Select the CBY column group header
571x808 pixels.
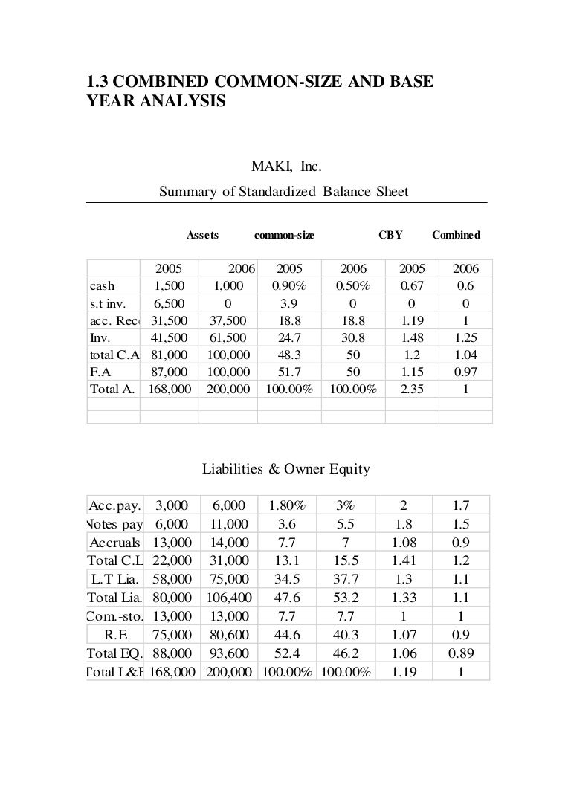click(390, 235)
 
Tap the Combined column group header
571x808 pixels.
click(456, 235)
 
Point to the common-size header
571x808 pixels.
click(284, 235)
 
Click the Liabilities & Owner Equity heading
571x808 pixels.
click(286, 469)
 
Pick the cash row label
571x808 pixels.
click(102, 286)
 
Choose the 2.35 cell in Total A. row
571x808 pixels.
click(414, 387)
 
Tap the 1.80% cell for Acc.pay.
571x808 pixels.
click(288, 505)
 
